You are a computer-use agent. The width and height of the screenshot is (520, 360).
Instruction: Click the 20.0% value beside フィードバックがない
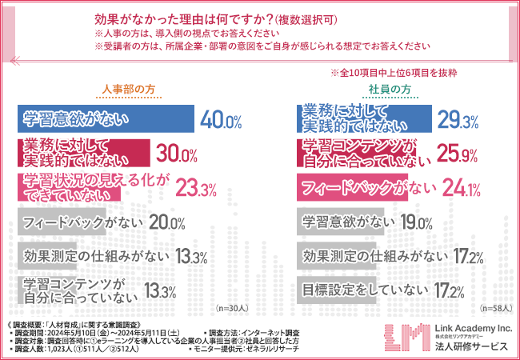(x=169, y=223)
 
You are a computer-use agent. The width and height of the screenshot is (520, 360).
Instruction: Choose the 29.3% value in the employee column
(x=458, y=121)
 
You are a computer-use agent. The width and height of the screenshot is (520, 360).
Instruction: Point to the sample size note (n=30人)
(x=230, y=306)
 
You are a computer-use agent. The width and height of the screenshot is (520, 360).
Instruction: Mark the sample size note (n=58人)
(x=495, y=306)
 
